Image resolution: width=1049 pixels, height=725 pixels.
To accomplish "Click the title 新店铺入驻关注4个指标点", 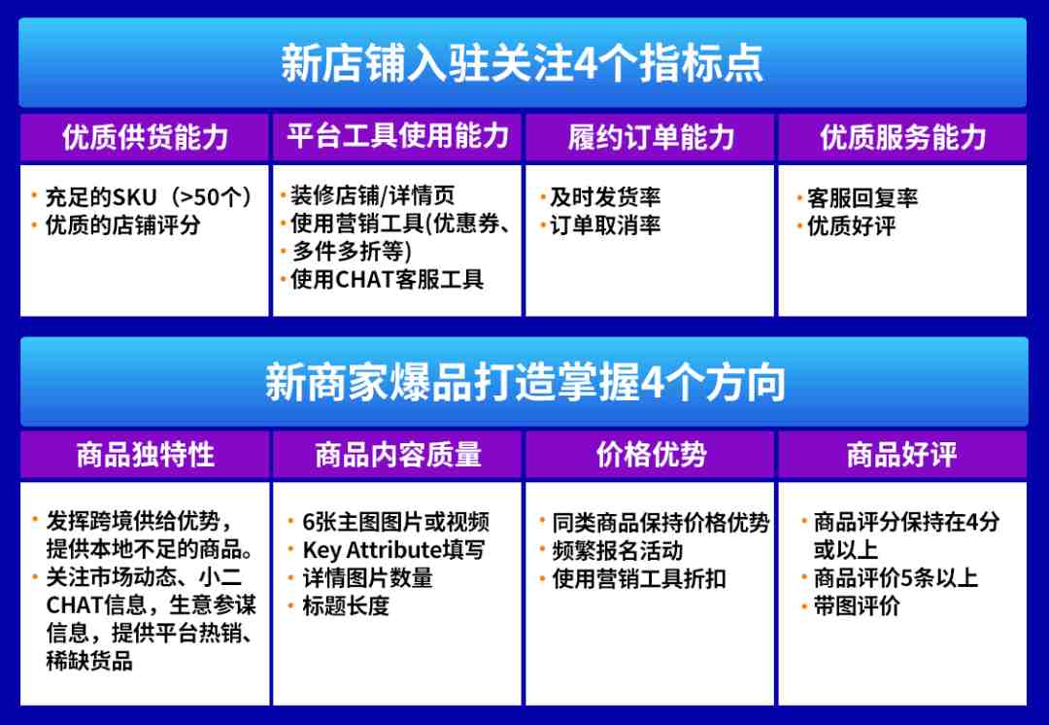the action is [x=522, y=63].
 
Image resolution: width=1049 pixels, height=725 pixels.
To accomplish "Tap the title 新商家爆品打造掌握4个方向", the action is [x=525, y=382].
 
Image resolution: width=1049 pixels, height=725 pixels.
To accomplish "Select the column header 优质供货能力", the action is [x=145, y=137].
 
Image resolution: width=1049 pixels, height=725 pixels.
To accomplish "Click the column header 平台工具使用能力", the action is [x=398, y=136].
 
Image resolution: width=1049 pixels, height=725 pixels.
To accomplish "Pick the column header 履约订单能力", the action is [x=651, y=137].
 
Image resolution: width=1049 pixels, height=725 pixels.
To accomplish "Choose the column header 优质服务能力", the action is [x=903, y=137].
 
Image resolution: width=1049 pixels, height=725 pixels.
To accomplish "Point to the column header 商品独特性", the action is [x=145, y=455].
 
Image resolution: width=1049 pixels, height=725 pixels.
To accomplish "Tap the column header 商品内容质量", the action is [x=398, y=455].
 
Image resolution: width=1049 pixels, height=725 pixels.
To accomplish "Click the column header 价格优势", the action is [x=651, y=455].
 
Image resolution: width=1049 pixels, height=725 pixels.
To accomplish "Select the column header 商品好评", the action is [x=901, y=455].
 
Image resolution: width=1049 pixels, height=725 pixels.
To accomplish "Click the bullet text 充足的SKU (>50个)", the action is [x=149, y=197].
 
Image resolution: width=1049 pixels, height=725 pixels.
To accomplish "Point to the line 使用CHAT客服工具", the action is [x=387, y=279].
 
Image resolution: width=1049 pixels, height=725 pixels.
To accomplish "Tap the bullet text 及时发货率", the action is [x=605, y=197].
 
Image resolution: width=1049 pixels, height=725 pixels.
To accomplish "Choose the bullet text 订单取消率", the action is [x=605, y=225].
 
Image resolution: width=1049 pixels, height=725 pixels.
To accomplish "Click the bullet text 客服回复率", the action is [x=862, y=199].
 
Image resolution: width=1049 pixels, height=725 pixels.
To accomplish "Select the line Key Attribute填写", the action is [x=393, y=550].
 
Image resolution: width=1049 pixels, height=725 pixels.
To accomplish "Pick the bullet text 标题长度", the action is [x=345, y=605].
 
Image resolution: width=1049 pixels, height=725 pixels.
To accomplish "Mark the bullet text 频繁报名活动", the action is [x=617, y=551].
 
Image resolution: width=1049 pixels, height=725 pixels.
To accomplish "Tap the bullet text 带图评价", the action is [x=857, y=605].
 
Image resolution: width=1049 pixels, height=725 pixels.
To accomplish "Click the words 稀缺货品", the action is [x=89, y=661].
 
